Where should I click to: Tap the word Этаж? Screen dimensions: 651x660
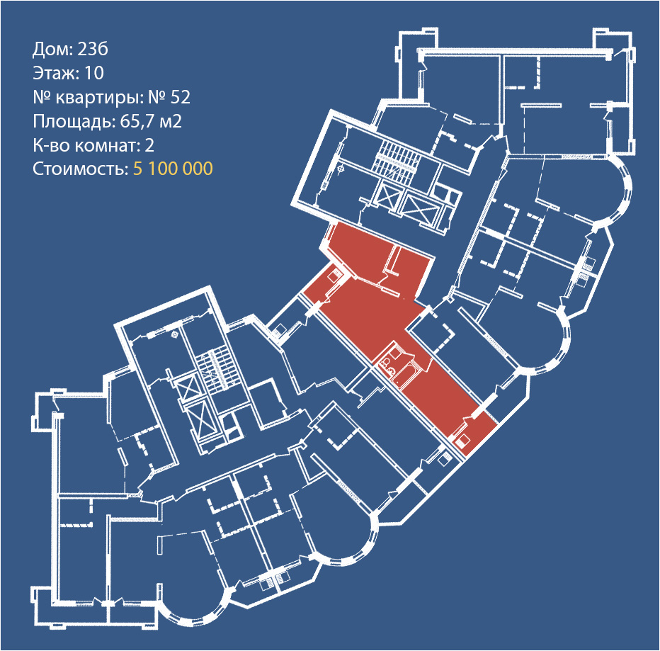pyautogui.click(x=56, y=73)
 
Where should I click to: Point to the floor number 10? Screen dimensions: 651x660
pyautogui.click(x=94, y=73)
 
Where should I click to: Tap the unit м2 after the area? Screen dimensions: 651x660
pyautogui.click(x=170, y=121)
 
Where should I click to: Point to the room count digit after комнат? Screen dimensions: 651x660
pyautogui.click(x=149, y=145)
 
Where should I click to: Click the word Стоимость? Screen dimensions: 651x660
pyautogui.click(x=79, y=169)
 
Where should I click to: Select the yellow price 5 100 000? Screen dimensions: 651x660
pyautogui.click(x=173, y=169)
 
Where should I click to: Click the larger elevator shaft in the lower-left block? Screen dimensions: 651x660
pyautogui.click(x=200, y=417)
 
